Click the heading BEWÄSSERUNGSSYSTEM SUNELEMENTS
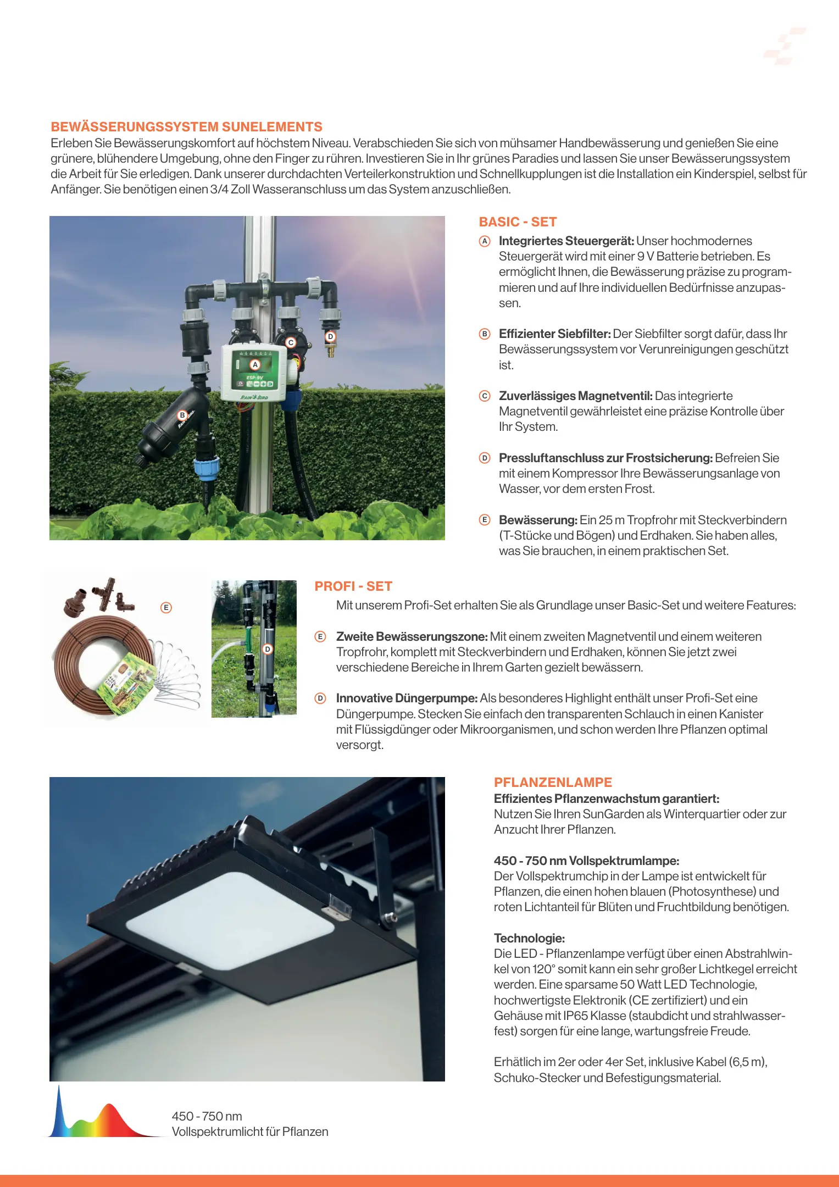pyautogui.click(x=186, y=127)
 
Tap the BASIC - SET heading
pyautogui.click(x=518, y=222)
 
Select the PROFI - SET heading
pyautogui.click(x=353, y=586)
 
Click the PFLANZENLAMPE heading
pyautogui.click(x=553, y=782)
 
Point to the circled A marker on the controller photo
pyautogui.click(x=255, y=364)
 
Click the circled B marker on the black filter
pyautogui.click(x=182, y=415)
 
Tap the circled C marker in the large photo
pyautogui.click(x=291, y=342)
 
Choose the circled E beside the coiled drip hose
pyautogui.click(x=166, y=607)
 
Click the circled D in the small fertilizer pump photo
pyautogui.click(x=268, y=649)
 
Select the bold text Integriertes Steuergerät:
pyautogui.click(x=566, y=241)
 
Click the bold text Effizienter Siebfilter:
pyautogui.click(x=554, y=334)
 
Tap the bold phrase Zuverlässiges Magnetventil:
pyautogui.click(x=575, y=396)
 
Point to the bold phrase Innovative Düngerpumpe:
pyautogui.click(x=407, y=698)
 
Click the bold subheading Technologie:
pyautogui.click(x=529, y=938)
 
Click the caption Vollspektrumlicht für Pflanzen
pyautogui.click(x=250, y=1131)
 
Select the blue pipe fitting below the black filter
pyautogui.click(x=205, y=470)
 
